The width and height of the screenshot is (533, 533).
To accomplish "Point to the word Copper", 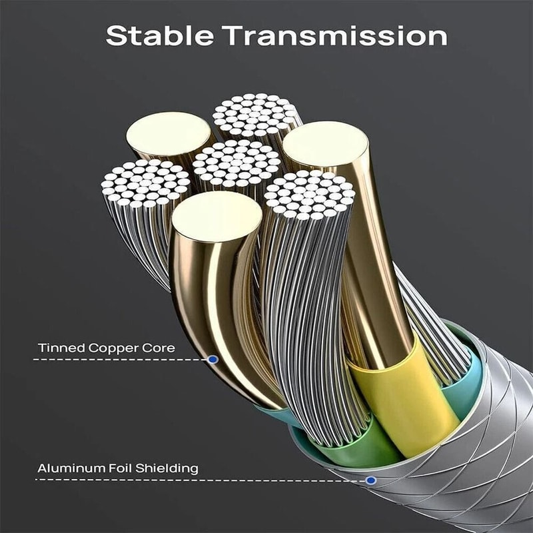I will tap(114, 348).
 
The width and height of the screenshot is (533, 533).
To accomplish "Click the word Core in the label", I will tap(162, 348).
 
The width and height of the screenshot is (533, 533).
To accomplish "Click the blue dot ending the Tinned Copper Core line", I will tap(213, 359).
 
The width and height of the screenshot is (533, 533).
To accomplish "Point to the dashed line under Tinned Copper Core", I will tap(120, 360).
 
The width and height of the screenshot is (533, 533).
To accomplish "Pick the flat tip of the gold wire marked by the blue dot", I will tap(217, 216).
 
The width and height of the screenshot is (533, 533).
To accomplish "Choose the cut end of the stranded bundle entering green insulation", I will tap(309, 193).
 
